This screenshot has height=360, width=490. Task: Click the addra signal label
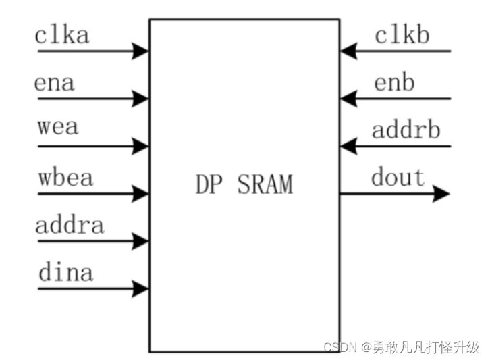[70, 225]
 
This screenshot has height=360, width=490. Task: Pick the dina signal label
[65, 273]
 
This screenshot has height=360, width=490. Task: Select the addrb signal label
[406, 129]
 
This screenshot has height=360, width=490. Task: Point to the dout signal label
[398, 178]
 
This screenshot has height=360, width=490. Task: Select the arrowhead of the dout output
[441, 194]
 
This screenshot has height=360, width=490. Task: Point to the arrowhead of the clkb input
[348, 50]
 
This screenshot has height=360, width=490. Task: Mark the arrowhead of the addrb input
[348, 145]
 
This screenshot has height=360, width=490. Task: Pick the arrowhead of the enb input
[348, 99]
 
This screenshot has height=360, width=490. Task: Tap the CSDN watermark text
[401, 347]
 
